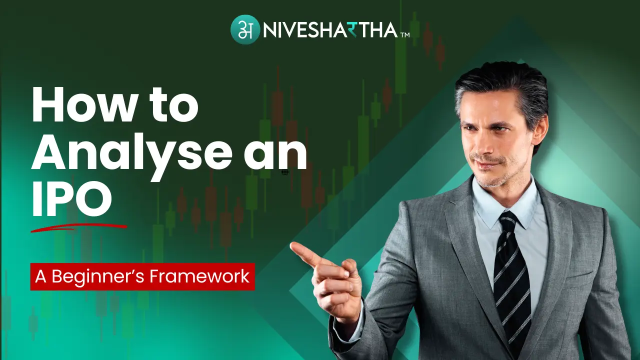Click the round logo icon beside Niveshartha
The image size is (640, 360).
(245, 29)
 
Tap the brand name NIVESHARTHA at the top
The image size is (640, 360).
(329, 29)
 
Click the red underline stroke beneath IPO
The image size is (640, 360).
(77, 227)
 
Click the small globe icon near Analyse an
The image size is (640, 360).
(284, 172)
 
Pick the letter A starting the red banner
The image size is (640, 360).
(40, 276)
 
